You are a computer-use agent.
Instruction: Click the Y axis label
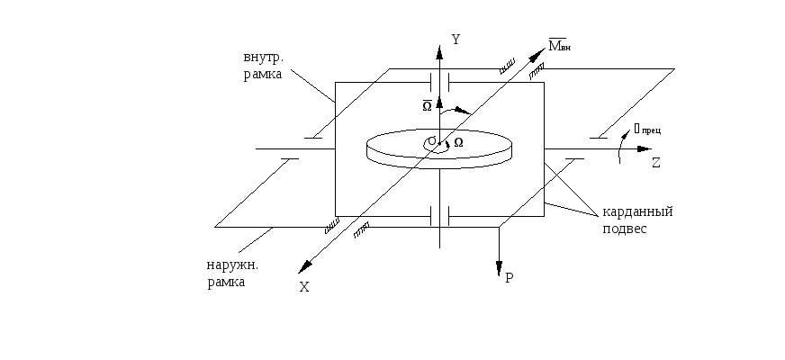pyautogui.click(x=456, y=40)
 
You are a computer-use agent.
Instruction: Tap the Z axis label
pyautogui.click(x=656, y=163)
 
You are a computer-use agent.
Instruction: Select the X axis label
pyautogui.click(x=304, y=286)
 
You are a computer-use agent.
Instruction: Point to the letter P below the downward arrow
pyautogui.click(x=509, y=278)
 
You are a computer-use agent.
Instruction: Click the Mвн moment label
pyautogui.click(x=559, y=43)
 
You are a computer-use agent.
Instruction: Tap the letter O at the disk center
pyautogui.click(x=432, y=141)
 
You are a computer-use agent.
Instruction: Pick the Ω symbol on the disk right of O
pyautogui.click(x=458, y=142)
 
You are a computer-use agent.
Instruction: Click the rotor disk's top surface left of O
pyautogui.click(x=396, y=144)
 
